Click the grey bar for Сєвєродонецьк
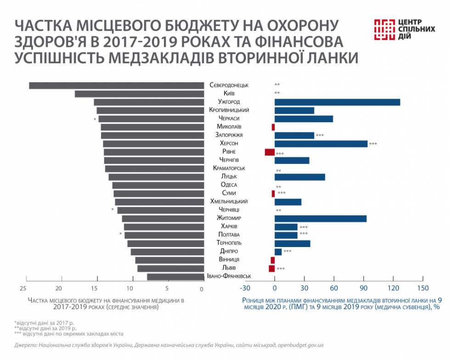pyautogui.click(x=116, y=85)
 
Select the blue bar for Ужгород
pyautogui.click(x=337, y=102)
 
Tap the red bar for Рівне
pyautogui.click(x=270, y=152)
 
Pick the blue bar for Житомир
pyautogui.click(x=321, y=219)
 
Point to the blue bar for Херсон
pyautogui.click(x=321, y=144)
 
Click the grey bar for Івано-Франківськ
pyautogui.click(x=175, y=277)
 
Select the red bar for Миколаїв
pyautogui.click(x=273, y=127)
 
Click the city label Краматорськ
pyautogui.click(x=229, y=169)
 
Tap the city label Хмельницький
pyautogui.click(x=229, y=202)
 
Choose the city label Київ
pyautogui.click(x=229, y=94)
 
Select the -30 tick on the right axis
pyautogui.click(x=245, y=288)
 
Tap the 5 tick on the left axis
pyautogui.click(x=167, y=288)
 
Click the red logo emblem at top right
pyautogui.click(x=384, y=29)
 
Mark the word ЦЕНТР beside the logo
pyautogui.click(x=410, y=22)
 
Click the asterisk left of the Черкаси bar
pyautogui.click(x=95, y=120)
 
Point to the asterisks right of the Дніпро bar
pyautogui.click(x=287, y=252)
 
